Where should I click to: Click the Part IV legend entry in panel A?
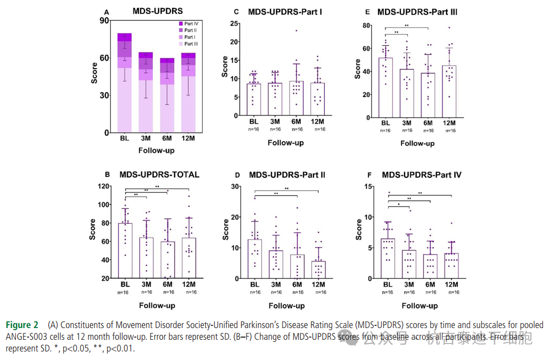point(189,23)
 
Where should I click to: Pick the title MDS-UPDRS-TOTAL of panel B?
point(160,174)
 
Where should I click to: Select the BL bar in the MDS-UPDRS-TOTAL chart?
point(125,250)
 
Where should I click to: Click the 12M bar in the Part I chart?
point(318,99)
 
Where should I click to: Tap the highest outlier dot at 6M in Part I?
point(296,30)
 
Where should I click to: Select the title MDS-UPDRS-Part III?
point(417,12)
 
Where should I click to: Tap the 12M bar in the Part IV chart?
point(451,265)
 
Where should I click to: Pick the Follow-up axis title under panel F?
point(420,306)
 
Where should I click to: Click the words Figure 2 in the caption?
point(22,325)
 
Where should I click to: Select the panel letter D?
point(237,174)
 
